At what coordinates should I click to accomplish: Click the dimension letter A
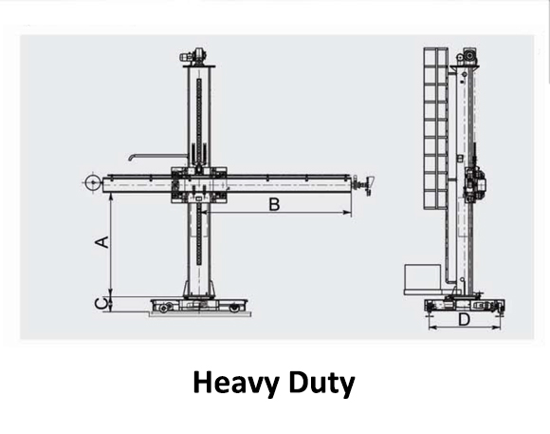pos(102,242)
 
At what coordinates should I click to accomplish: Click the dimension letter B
pos(274,204)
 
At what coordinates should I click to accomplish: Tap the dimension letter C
pos(101,304)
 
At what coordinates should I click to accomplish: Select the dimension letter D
pos(464,320)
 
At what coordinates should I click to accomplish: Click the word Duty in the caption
pos(322,384)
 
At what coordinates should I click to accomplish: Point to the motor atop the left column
pos(193,55)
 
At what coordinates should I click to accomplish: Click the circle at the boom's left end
pos(93,182)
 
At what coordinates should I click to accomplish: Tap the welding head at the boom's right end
pos(366,184)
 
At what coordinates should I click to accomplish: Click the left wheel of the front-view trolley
pos(163,309)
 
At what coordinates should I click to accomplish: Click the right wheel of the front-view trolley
pos(234,309)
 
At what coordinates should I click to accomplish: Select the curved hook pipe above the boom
pos(156,156)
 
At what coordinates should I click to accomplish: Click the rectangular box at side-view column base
pos(422,277)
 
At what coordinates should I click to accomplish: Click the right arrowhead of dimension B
pos(347,213)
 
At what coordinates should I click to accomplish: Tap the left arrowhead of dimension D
pos(432,328)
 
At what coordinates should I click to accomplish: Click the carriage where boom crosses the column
pos(199,185)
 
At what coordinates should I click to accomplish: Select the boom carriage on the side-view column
pos(474,184)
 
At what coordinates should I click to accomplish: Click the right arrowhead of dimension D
pos(496,328)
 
